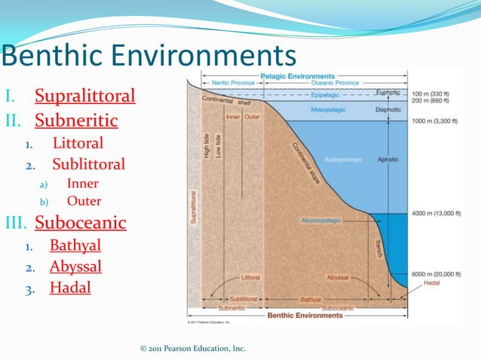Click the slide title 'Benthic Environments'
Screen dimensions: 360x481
point(149,55)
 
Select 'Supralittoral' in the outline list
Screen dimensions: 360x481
point(84,96)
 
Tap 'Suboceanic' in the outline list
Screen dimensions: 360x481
point(80,223)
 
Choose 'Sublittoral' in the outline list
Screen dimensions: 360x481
point(88,164)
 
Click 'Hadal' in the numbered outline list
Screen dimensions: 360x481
point(70,287)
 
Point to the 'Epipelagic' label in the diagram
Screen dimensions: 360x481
point(326,96)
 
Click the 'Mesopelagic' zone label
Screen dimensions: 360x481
point(328,110)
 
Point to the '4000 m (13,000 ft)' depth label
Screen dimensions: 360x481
point(437,214)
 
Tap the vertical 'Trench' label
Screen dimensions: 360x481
point(378,249)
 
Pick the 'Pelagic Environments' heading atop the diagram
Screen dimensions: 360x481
point(297,76)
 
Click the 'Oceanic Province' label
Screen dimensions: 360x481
point(335,83)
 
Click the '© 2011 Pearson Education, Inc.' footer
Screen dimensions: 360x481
point(193,348)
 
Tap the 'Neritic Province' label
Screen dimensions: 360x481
point(231,83)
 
